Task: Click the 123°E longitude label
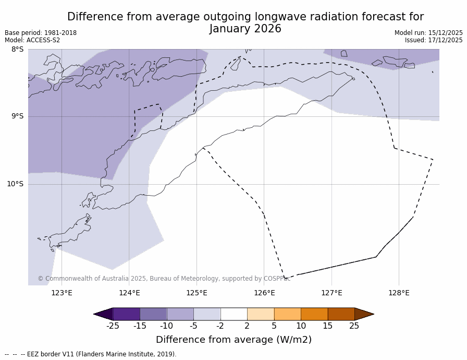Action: click(x=62, y=293)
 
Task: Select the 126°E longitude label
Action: click(x=264, y=293)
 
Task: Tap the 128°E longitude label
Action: click(x=399, y=293)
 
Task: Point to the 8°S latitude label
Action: click(x=17, y=50)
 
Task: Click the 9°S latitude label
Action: click(x=17, y=116)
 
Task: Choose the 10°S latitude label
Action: click(x=15, y=184)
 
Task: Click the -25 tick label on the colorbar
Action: click(x=113, y=326)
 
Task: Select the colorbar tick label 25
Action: click(x=354, y=326)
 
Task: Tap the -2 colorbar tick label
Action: click(x=220, y=326)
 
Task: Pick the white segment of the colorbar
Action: click(x=233, y=314)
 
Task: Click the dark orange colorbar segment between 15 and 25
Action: click(x=341, y=314)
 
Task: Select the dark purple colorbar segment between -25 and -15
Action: click(x=126, y=314)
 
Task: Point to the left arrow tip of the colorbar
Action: click(x=95, y=314)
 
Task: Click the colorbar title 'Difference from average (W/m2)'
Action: click(x=233, y=340)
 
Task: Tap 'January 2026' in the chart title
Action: click(x=245, y=29)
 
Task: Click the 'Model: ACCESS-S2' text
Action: click(x=32, y=40)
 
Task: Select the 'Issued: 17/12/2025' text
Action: click(x=434, y=40)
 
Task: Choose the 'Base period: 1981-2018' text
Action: click(x=41, y=33)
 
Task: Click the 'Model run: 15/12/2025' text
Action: click(x=428, y=33)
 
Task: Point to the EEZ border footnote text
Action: click(x=91, y=354)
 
